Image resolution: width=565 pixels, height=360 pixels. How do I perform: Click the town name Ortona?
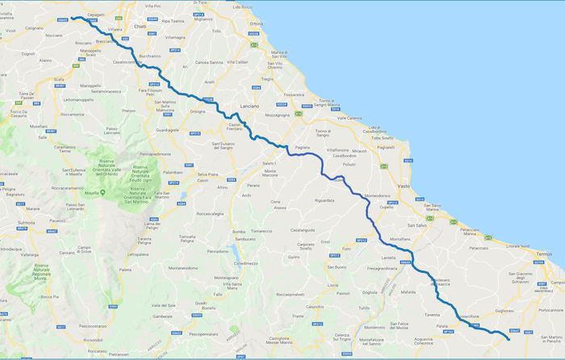pyautogui.click(x=257, y=24)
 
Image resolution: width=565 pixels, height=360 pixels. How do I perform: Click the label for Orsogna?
pyautogui.click(x=198, y=111)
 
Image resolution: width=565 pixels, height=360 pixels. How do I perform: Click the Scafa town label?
pyautogui.click(x=59, y=78)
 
